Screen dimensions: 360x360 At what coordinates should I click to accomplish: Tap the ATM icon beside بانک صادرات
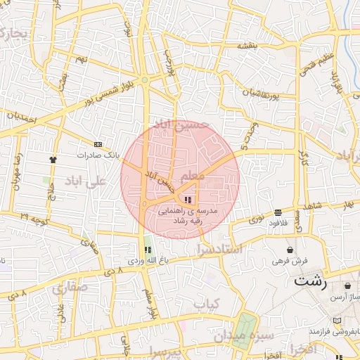coord(97,144)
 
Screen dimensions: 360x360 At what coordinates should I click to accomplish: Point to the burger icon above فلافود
coord(278,212)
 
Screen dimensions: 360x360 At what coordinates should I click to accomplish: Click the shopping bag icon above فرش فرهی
coord(290,250)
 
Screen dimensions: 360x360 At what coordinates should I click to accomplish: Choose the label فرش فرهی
coord(290,260)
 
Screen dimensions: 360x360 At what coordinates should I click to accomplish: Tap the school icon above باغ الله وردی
coord(148,250)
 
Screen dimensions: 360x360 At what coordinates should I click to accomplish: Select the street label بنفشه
coord(247,46)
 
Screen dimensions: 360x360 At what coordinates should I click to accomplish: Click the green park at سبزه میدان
coord(245,327)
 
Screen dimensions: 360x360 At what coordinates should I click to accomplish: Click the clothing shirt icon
coord(53,159)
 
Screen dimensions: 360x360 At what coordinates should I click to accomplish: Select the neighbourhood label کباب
coord(207,304)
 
